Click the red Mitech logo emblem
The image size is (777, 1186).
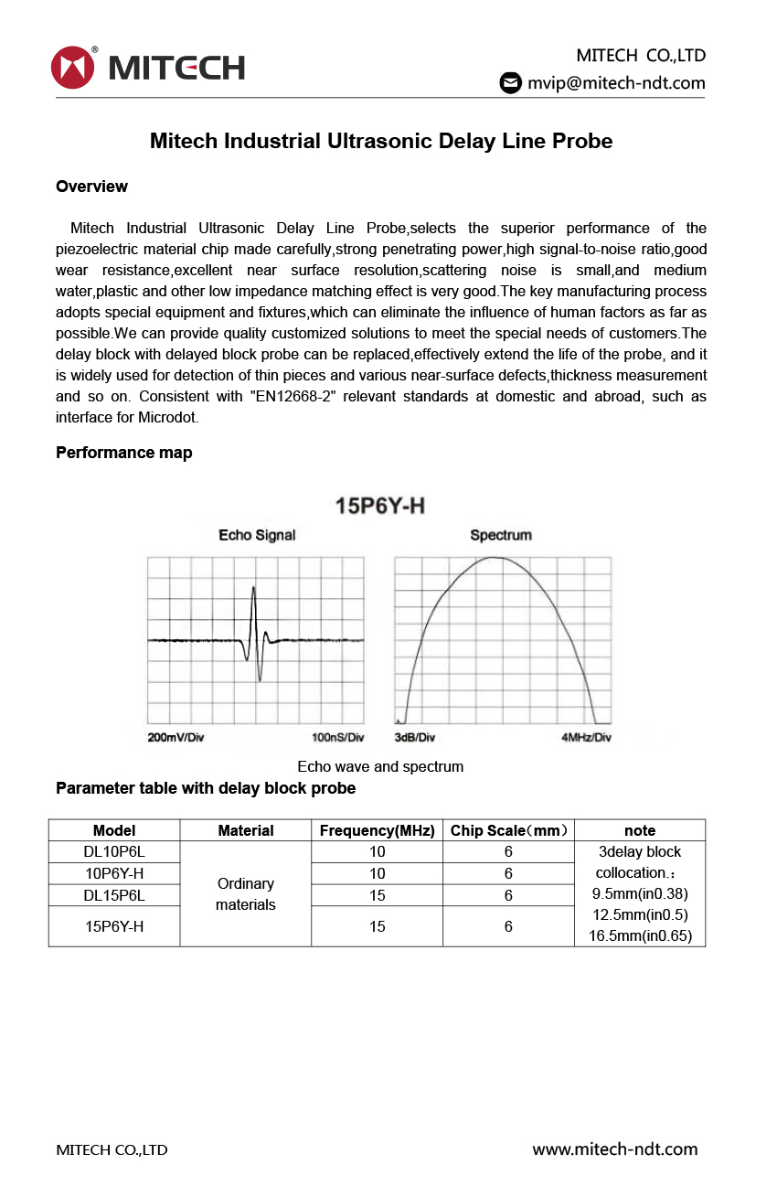[x=73, y=67]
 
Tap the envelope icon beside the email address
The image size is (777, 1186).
[x=510, y=82]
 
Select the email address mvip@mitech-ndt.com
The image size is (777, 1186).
[x=616, y=82]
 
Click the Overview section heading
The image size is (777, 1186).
[x=91, y=187]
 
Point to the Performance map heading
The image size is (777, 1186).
[x=123, y=453]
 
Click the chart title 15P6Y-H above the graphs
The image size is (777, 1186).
[x=380, y=506]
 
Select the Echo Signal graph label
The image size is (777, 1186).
[x=257, y=535]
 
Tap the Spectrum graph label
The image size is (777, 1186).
[x=500, y=535]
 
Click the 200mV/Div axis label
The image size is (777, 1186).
[x=176, y=737]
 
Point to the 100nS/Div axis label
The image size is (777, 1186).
[x=337, y=737]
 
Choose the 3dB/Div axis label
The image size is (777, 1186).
[x=414, y=737]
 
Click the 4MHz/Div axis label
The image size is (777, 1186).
[x=586, y=737]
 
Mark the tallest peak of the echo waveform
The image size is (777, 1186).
[x=253, y=588]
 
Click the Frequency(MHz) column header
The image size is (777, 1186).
[x=377, y=830]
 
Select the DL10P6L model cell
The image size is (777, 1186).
[x=114, y=852]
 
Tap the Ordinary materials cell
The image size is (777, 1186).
[x=245, y=894]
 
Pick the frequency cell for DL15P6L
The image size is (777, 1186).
[x=377, y=895]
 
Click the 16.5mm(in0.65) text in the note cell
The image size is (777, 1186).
[x=640, y=935]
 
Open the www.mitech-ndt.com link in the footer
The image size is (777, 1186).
[x=614, y=1149]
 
